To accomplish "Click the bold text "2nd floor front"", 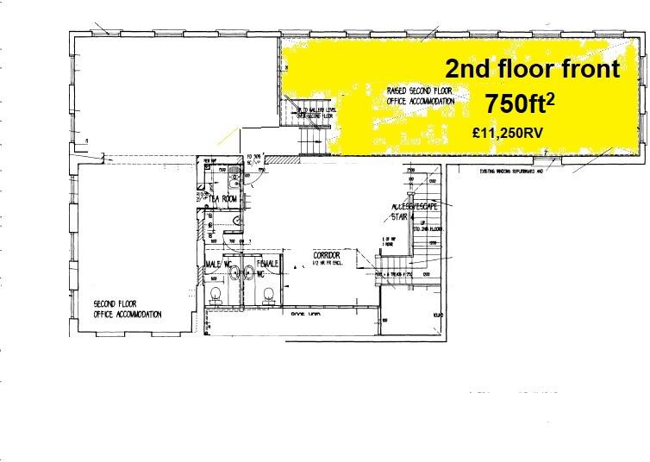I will pos(532,69).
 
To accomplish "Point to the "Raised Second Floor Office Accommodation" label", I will pos(420,96).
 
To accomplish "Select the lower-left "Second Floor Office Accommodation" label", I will pos(128,310).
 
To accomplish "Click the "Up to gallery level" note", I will pos(317,113).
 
